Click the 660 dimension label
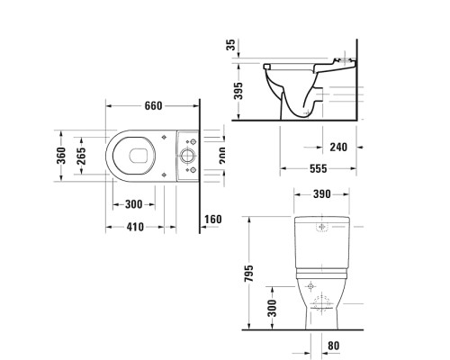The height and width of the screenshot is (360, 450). [x=154, y=106]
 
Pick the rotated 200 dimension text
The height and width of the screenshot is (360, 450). [x=221, y=156]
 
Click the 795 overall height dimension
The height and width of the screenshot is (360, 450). [x=251, y=272]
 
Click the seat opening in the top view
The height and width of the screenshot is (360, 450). [x=135, y=157]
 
